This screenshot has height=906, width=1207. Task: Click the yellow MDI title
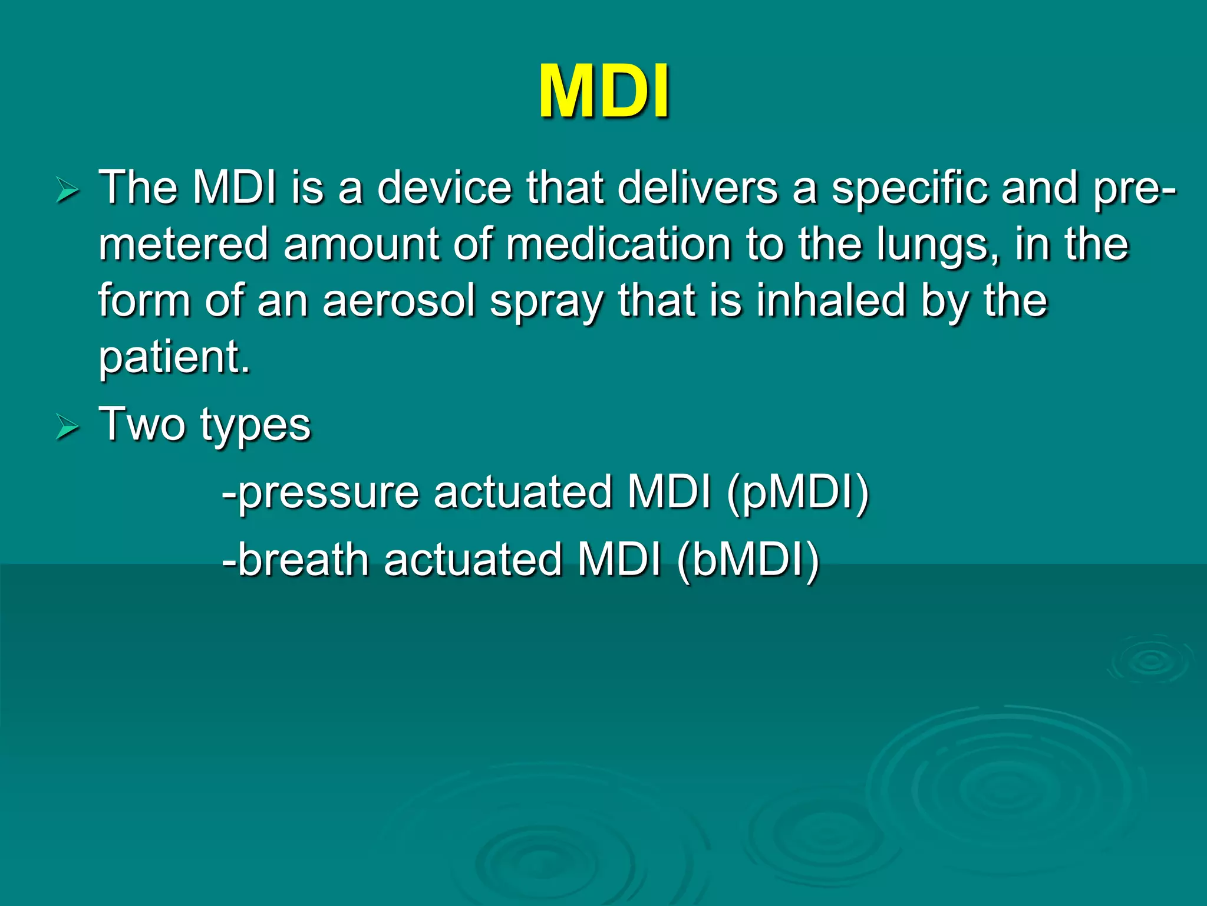(x=603, y=92)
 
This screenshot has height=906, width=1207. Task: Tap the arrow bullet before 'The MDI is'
(x=67, y=191)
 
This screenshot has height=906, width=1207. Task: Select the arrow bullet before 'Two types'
(x=67, y=427)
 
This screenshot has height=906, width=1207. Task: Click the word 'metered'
(x=183, y=244)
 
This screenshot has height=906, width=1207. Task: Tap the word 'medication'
(x=618, y=244)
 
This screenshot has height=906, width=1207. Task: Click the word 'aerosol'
(x=399, y=301)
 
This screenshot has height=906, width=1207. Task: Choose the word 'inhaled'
(x=830, y=301)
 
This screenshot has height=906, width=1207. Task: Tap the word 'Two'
(x=141, y=424)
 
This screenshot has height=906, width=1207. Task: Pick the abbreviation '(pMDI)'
(x=798, y=493)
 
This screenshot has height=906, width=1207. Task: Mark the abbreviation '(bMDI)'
(x=748, y=560)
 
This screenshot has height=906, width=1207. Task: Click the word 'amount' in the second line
(x=361, y=244)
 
